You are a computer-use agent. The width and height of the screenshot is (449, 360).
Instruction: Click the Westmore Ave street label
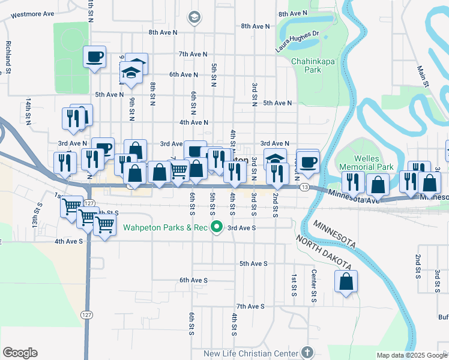(x=32, y=14)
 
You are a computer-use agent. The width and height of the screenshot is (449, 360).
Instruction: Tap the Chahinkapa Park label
(x=314, y=65)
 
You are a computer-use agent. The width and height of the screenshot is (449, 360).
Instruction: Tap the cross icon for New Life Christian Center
(x=307, y=353)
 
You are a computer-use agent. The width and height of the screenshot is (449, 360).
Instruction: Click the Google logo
(x=20, y=353)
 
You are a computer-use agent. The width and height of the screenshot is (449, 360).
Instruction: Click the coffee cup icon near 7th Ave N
(x=95, y=57)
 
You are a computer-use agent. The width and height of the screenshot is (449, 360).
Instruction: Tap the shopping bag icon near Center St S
(x=346, y=281)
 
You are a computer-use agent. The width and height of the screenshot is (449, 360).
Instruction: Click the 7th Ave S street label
(x=250, y=307)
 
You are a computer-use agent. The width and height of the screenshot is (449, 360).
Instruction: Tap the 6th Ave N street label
(x=183, y=74)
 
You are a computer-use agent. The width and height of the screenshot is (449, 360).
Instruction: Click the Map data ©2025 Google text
(x=411, y=355)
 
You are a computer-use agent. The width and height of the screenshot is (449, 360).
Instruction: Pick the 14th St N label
(x=28, y=112)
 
